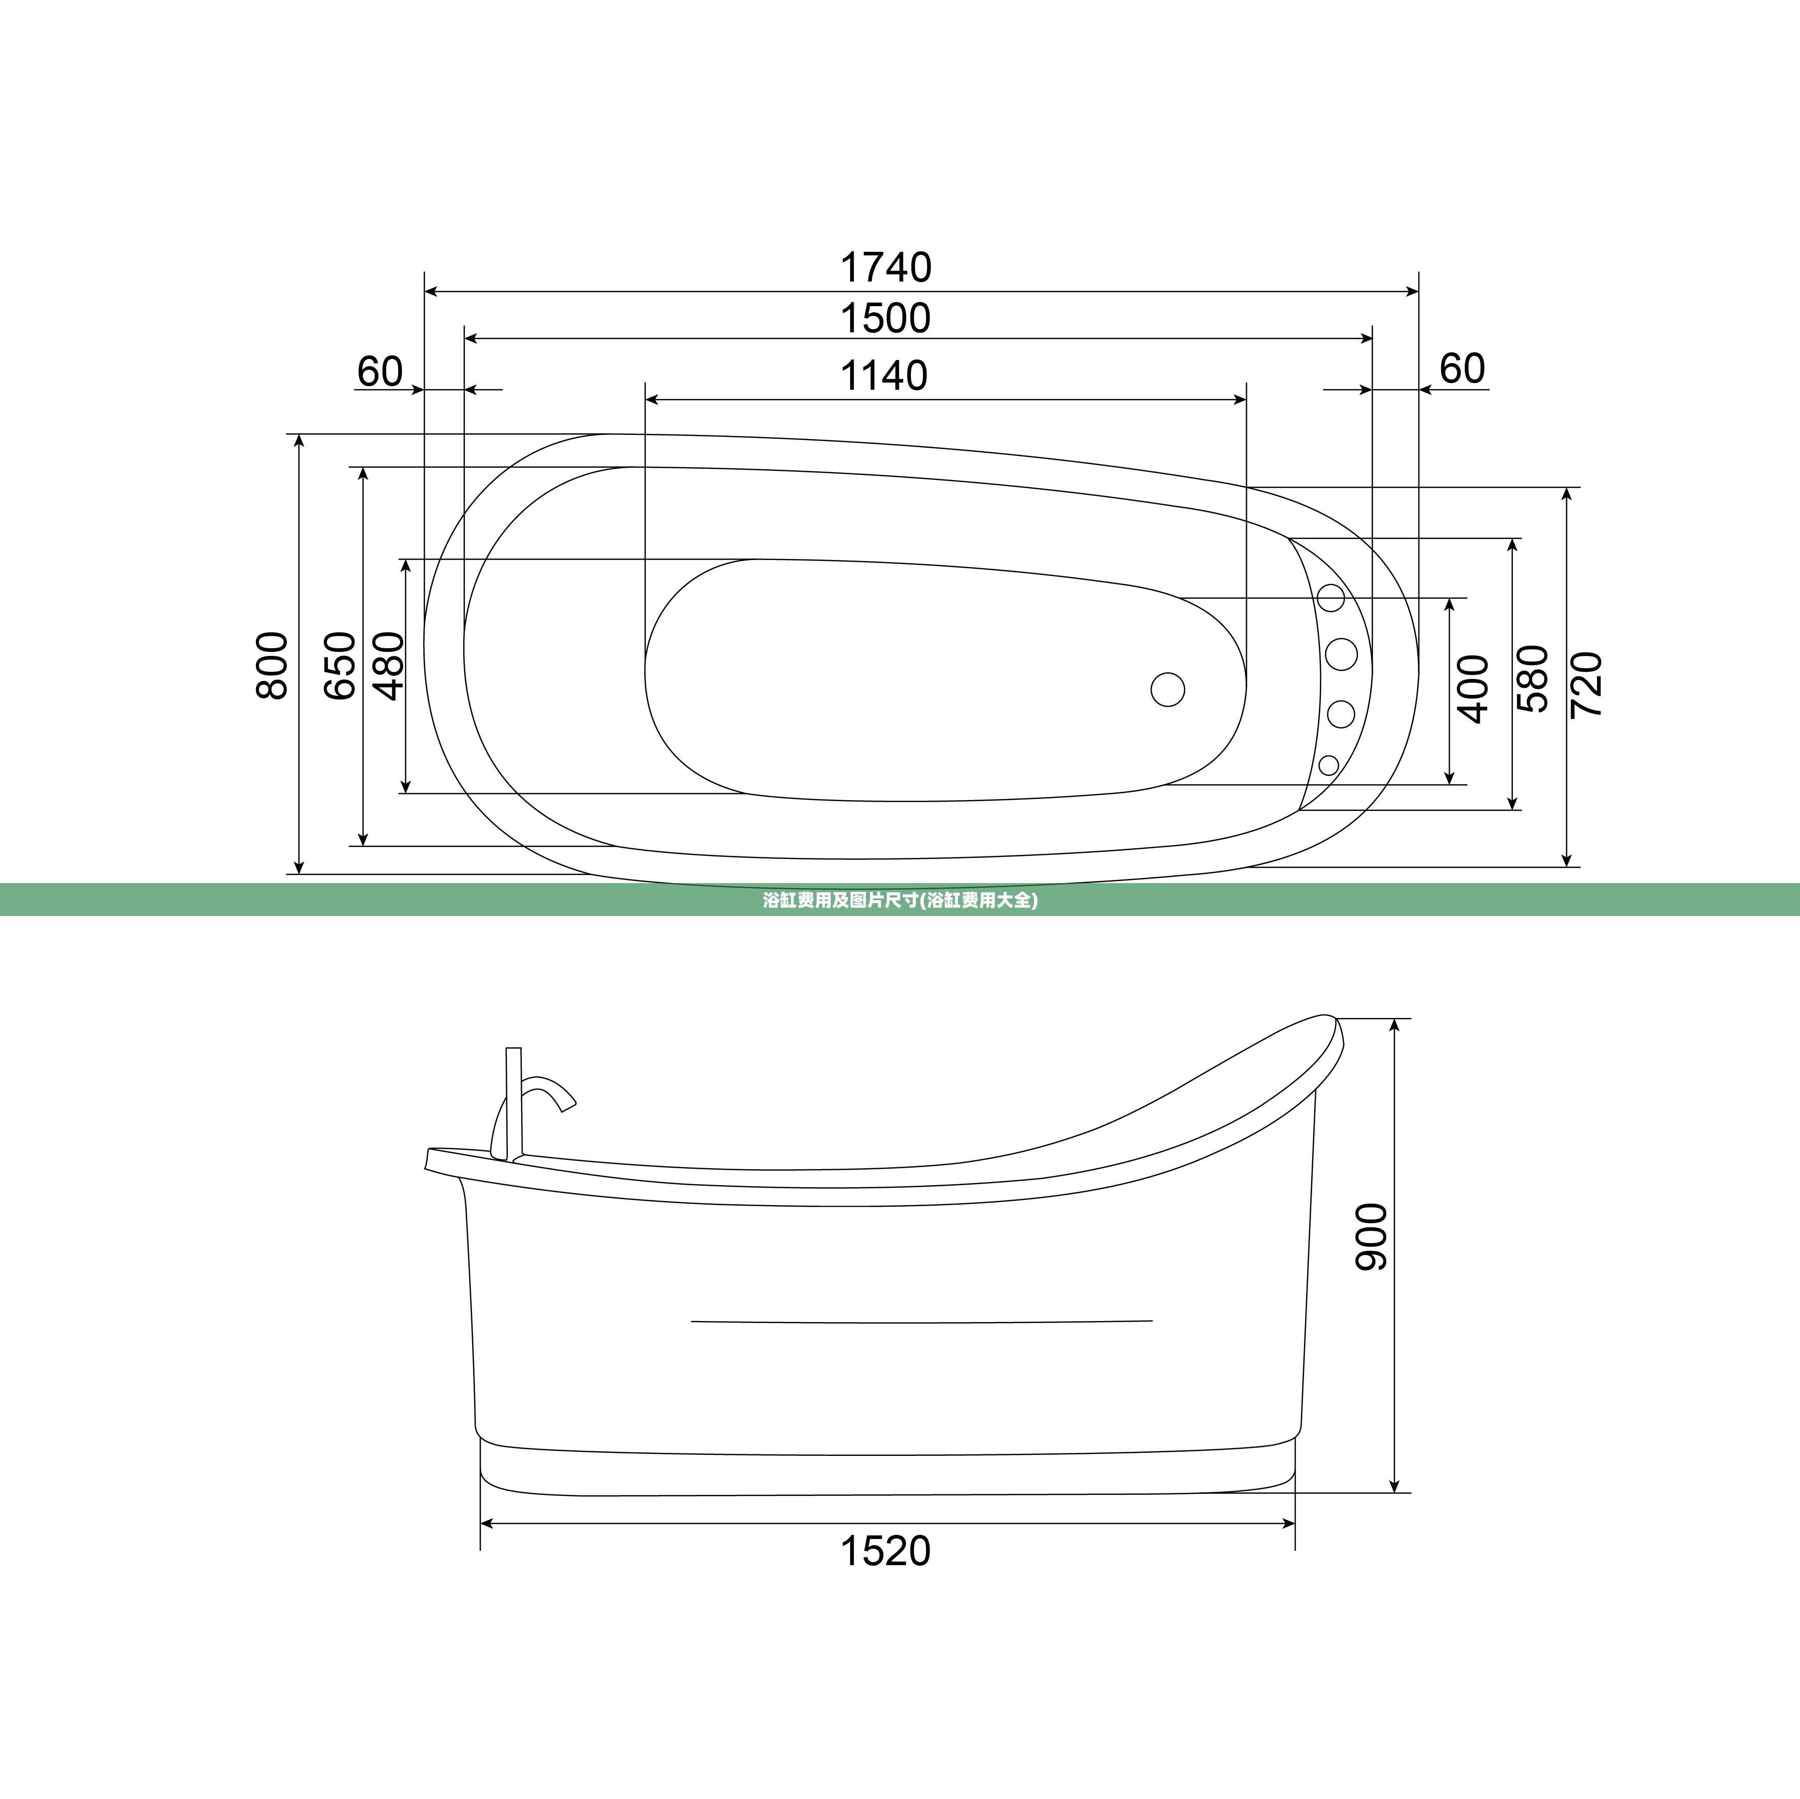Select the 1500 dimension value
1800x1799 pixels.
tap(886, 318)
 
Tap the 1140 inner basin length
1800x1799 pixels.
tap(884, 376)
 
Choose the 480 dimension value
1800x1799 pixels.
tap(389, 665)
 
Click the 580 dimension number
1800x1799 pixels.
tap(1533, 679)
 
